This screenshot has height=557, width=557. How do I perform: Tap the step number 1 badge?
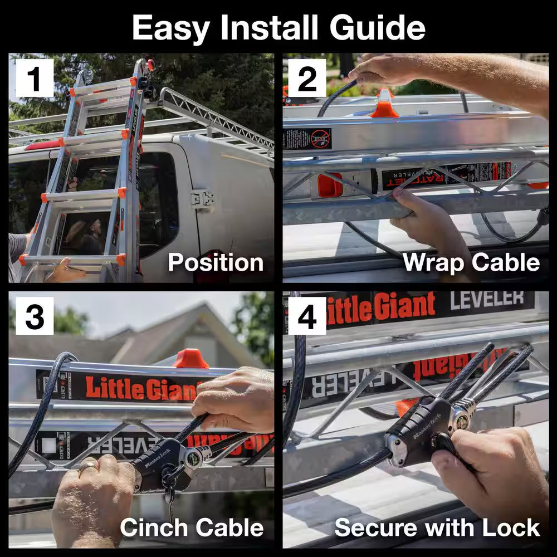[34, 79]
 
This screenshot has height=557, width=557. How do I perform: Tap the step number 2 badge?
[307, 79]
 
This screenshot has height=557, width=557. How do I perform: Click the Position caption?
[216, 262]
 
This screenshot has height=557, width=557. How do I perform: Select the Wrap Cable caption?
[471, 262]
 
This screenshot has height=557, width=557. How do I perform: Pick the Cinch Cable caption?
[192, 527]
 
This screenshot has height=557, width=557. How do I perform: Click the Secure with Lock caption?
[437, 527]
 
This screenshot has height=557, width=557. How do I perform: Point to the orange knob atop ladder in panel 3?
[190, 359]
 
